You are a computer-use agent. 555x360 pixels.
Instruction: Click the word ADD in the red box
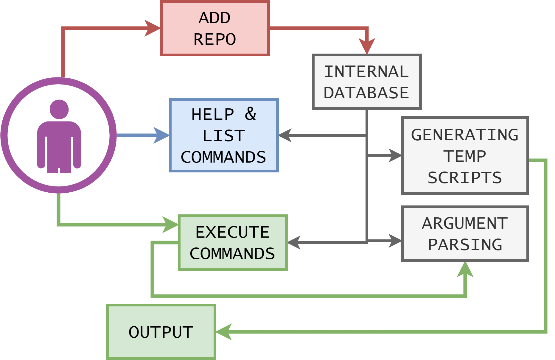(x=214, y=18)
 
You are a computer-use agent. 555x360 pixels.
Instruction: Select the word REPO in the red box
(x=215, y=39)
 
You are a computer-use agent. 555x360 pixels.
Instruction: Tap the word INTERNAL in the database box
(x=366, y=71)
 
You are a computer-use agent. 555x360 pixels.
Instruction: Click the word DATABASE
(x=366, y=93)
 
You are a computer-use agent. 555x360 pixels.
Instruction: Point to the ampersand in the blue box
(x=251, y=114)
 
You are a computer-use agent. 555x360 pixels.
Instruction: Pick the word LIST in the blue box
(x=224, y=136)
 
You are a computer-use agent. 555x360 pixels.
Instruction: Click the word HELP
(x=213, y=114)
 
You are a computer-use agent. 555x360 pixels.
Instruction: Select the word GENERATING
(x=465, y=135)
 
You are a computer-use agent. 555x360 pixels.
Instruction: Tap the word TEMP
(x=465, y=156)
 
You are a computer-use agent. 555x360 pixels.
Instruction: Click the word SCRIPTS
(x=465, y=178)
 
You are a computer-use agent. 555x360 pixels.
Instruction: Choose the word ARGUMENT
(x=465, y=223)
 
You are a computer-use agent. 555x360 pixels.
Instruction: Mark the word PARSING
(x=465, y=245)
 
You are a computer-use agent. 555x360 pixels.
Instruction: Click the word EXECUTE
(x=232, y=232)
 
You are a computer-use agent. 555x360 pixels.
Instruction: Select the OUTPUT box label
(x=161, y=332)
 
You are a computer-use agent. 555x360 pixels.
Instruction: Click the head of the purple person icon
(x=59, y=109)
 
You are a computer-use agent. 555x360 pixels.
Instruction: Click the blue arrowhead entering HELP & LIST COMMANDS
(x=161, y=135)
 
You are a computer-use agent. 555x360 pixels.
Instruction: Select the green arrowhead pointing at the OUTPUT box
(x=224, y=332)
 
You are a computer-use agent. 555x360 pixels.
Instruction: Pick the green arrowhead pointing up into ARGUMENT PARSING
(x=465, y=270)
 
